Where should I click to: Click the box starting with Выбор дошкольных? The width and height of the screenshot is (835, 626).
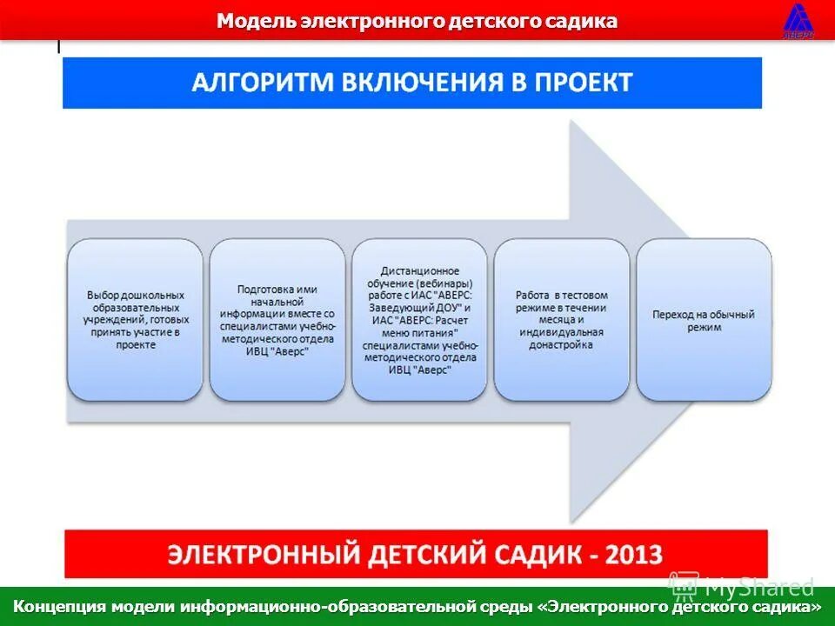(x=135, y=319)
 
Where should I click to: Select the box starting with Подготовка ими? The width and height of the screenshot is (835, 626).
(x=277, y=319)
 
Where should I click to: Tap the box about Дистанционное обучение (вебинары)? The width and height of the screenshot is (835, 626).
(x=419, y=319)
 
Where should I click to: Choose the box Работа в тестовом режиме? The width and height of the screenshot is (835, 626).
(x=561, y=319)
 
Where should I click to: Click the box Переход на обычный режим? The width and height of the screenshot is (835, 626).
(x=704, y=319)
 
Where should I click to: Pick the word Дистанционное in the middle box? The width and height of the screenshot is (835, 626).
(x=419, y=271)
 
